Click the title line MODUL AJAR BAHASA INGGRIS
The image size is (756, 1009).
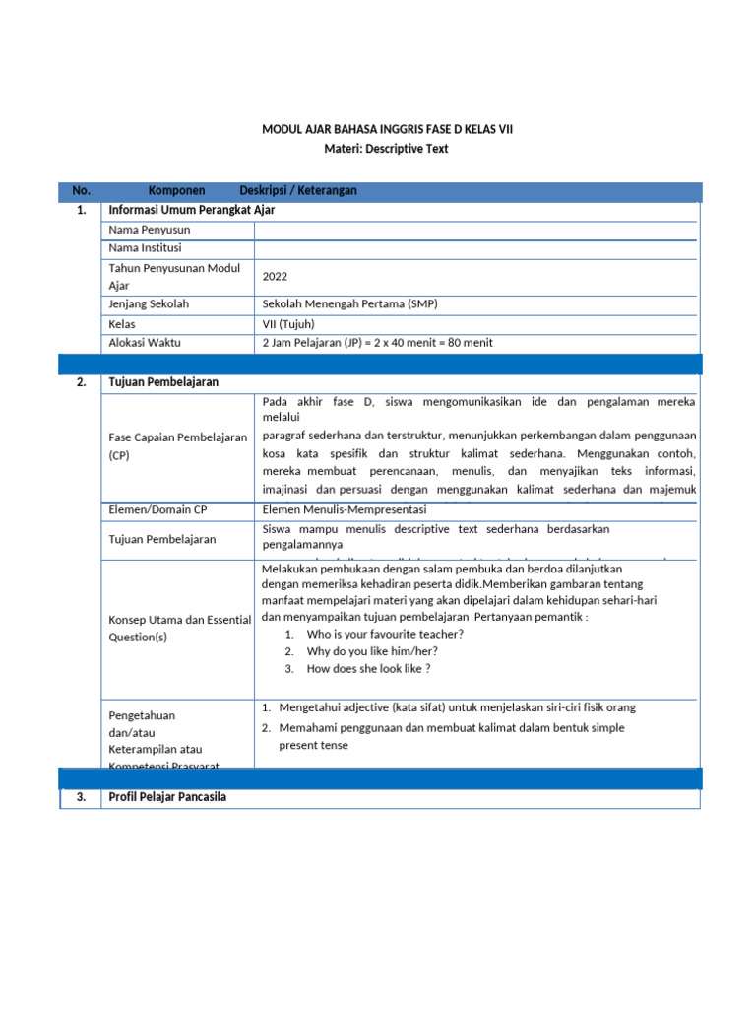(x=387, y=129)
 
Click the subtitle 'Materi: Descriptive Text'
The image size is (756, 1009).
(x=386, y=148)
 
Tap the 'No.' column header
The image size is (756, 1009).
(x=81, y=190)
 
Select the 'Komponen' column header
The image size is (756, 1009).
(x=176, y=190)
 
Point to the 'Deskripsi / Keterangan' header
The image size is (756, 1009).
(x=298, y=190)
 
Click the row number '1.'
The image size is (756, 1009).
(x=81, y=210)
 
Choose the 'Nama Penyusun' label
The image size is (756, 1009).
(x=150, y=230)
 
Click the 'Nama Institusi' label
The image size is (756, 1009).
(x=146, y=248)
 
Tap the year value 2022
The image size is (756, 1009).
(x=276, y=277)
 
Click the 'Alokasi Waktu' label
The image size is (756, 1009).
(x=146, y=343)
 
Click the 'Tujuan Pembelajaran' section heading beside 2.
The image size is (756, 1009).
(x=163, y=382)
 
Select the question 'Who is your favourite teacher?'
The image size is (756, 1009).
(x=385, y=634)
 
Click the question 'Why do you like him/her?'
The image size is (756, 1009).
(x=372, y=651)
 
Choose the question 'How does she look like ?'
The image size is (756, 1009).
(x=368, y=669)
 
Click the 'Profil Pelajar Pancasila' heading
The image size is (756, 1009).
(x=167, y=796)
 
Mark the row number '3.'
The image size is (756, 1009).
(x=81, y=796)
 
